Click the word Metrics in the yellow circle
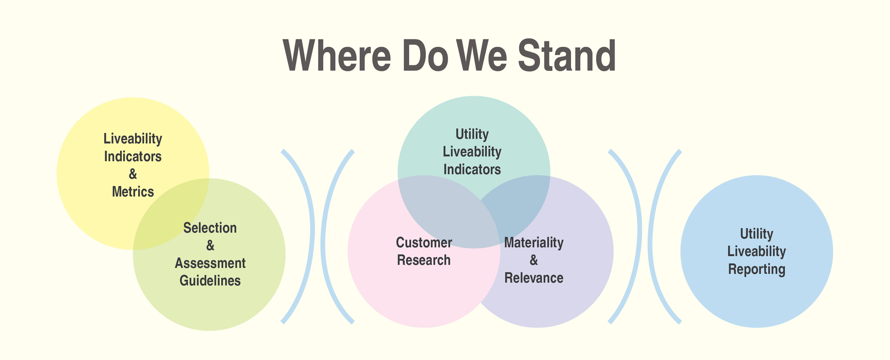pyautogui.click(x=133, y=192)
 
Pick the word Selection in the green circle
pyautogui.click(x=210, y=228)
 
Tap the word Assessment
pyautogui.click(x=210, y=263)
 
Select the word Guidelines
pyautogui.click(x=210, y=281)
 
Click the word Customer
pyautogui.click(x=424, y=243)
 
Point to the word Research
pyautogui.click(x=424, y=260)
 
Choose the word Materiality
pyautogui.click(x=534, y=243)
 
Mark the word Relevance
pyautogui.click(x=534, y=278)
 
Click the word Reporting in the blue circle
pyautogui.click(x=756, y=269)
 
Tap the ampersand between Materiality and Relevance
pyautogui.click(x=534, y=260)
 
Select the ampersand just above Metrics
pyautogui.click(x=133, y=174)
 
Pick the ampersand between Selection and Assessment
pyautogui.click(x=210, y=246)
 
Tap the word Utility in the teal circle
pyautogui.click(x=472, y=134)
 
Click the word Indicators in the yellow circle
pyautogui.click(x=133, y=157)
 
